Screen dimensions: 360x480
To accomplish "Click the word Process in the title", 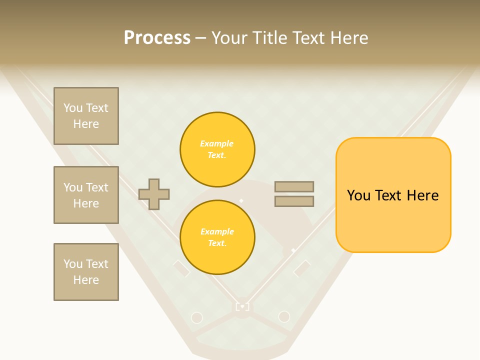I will click(x=157, y=38).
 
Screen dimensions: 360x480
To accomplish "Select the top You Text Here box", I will click(x=86, y=116).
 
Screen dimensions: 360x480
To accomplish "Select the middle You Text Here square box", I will click(x=86, y=195).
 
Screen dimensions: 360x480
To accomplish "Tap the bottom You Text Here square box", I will click(x=86, y=272).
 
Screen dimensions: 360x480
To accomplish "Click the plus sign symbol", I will click(x=154, y=194).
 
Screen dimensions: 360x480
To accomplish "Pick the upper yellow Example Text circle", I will click(x=217, y=149).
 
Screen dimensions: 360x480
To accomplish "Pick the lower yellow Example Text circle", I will click(x=217, y=237).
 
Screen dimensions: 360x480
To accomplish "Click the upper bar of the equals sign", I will click(x=294, y=186).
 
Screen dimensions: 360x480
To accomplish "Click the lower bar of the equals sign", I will click(x=294, y=201).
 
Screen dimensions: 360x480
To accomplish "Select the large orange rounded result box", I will click(x=393, y=195).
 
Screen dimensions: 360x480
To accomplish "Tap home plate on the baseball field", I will click(x=242, y=306).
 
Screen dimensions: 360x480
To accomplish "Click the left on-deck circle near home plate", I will click(x=197, y=317).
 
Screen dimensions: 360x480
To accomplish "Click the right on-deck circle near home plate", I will click(x=284, y=316).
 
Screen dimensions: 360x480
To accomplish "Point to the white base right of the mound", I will click(x=293, y=250).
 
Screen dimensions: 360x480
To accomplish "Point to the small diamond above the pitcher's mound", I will click(x=241, y=200).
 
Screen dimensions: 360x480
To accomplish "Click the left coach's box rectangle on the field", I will click(x=181, y=268).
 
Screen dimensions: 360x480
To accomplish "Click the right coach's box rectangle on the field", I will click(x=302, y=268).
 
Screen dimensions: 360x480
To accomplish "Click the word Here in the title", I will click(x=348, y=38).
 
